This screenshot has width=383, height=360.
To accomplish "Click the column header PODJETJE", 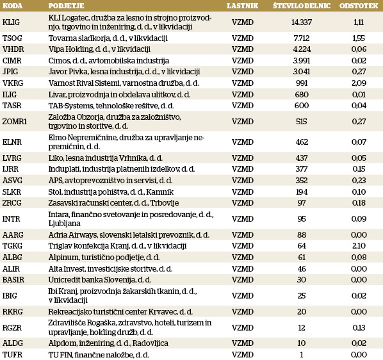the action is (66, 6).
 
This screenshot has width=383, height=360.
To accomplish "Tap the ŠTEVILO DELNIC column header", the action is (302, 6).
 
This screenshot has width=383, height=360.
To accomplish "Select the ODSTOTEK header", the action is (359, 6).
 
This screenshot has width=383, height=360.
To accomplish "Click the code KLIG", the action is (11, 22).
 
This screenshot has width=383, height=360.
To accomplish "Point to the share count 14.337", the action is (302, 22).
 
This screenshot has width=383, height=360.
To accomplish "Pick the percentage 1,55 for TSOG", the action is (359, 38).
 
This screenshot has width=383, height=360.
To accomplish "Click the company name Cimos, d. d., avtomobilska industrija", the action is (109, 61).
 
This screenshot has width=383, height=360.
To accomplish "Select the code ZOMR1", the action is (15, 121).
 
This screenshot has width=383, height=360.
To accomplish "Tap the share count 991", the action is (302, 83).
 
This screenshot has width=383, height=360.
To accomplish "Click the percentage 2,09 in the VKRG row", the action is (359, 83).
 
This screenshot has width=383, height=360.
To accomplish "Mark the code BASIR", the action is (13, 280).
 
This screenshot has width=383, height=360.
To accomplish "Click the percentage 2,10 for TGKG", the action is (359, 246).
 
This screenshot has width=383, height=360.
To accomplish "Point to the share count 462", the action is (302, 142).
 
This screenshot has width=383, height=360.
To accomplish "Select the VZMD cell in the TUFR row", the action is (243, 354).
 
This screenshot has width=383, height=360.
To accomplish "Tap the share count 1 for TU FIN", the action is (302, 354).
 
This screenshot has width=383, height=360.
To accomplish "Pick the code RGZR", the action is (12, 327).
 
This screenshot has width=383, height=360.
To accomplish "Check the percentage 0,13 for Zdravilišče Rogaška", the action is (359, 327).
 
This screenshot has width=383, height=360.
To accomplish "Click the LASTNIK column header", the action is (242, 6).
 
